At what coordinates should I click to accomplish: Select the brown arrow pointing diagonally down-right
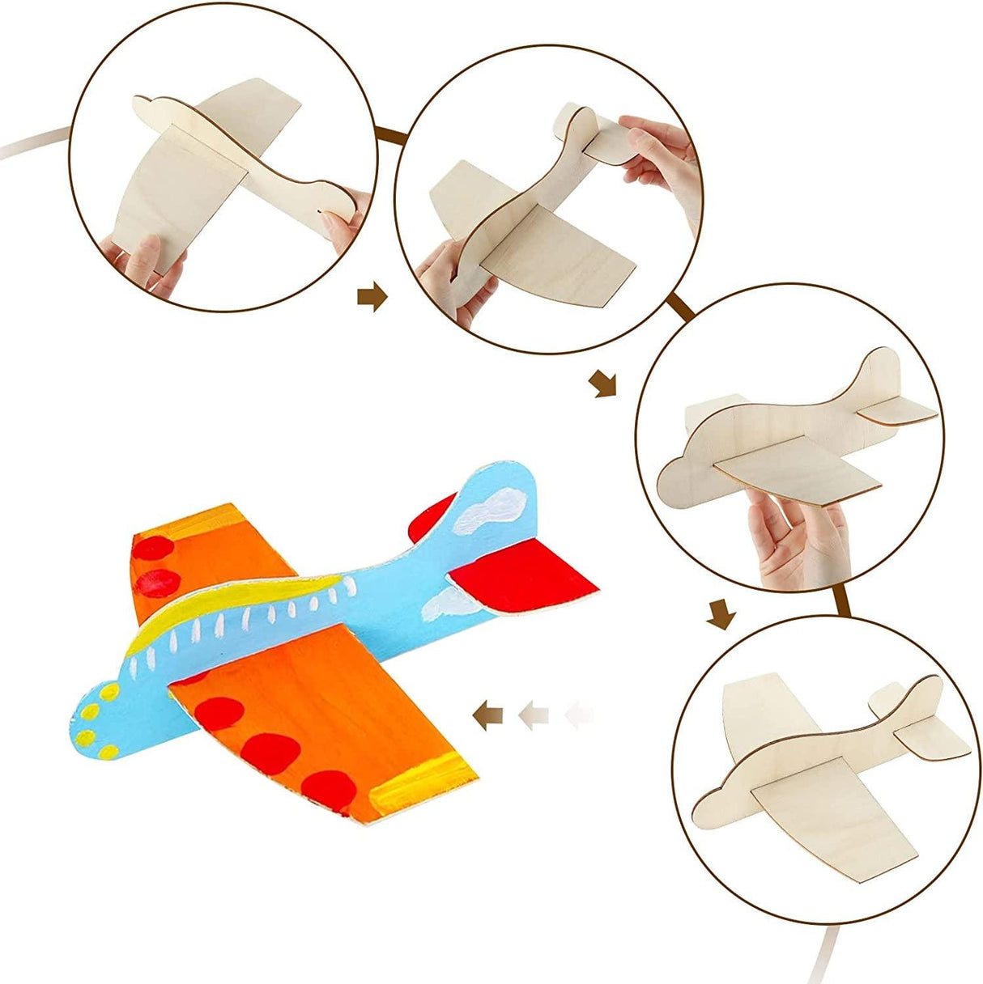pos(602,383)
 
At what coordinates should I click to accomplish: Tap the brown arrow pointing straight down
pos(720,613)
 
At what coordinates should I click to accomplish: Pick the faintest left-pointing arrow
pos(580,715)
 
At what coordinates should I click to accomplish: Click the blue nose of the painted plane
pos(97,712)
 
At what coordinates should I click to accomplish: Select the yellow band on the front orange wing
pos(421,781)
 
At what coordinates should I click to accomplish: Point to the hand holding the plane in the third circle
pos(798,538)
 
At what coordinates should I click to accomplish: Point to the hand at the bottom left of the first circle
pos(150,259)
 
